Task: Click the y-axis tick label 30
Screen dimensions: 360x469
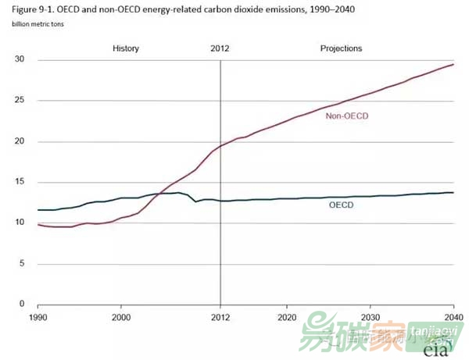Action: (20, 60)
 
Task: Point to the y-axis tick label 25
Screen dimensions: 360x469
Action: (20, 101)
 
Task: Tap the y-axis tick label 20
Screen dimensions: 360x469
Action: (20, 141)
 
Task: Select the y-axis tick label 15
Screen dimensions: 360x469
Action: (20, 182)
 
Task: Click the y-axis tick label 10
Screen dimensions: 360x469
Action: (20, 223)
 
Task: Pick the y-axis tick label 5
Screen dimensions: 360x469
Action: (22, 263)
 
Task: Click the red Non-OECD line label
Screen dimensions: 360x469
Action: (346, 116)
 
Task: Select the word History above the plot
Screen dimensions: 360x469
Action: (126, 48)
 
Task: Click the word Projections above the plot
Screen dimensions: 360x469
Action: (342, 48)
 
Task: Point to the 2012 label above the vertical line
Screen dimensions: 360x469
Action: (220, 48)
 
